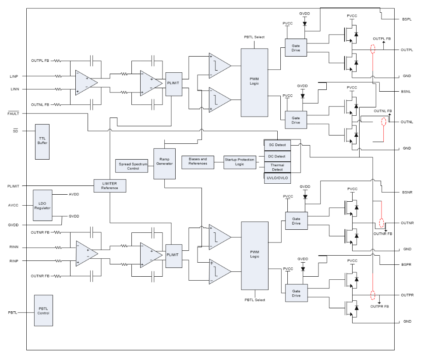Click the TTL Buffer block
pos(42,142)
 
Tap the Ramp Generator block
pos(164,163)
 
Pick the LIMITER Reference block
pos(110,185)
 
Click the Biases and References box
pos(198,161)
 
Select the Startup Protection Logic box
pos(240,162)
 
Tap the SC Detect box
pos(277,145)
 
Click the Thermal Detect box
pos(277,167)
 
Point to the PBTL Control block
pos(43,310)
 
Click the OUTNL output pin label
pos(407,121)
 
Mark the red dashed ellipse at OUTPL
pos(373,49)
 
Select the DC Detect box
pos(277,156)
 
